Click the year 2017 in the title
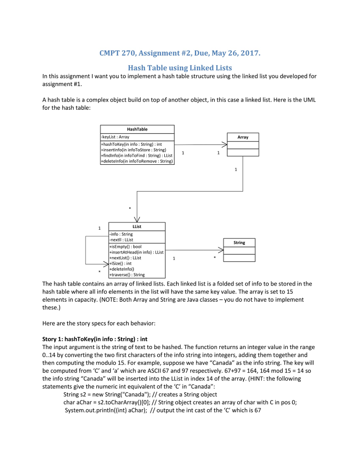point(251,53)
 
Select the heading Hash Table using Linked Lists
point(180,68)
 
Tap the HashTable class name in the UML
point(137,129)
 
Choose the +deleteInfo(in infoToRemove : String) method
point(137,161)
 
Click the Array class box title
point(243,137)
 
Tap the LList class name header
point(137,226)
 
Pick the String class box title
point(239,243)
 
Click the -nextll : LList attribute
point(122,239)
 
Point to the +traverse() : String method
point(127,274)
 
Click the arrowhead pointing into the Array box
point(223,145)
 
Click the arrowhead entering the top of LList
point(137,219)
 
